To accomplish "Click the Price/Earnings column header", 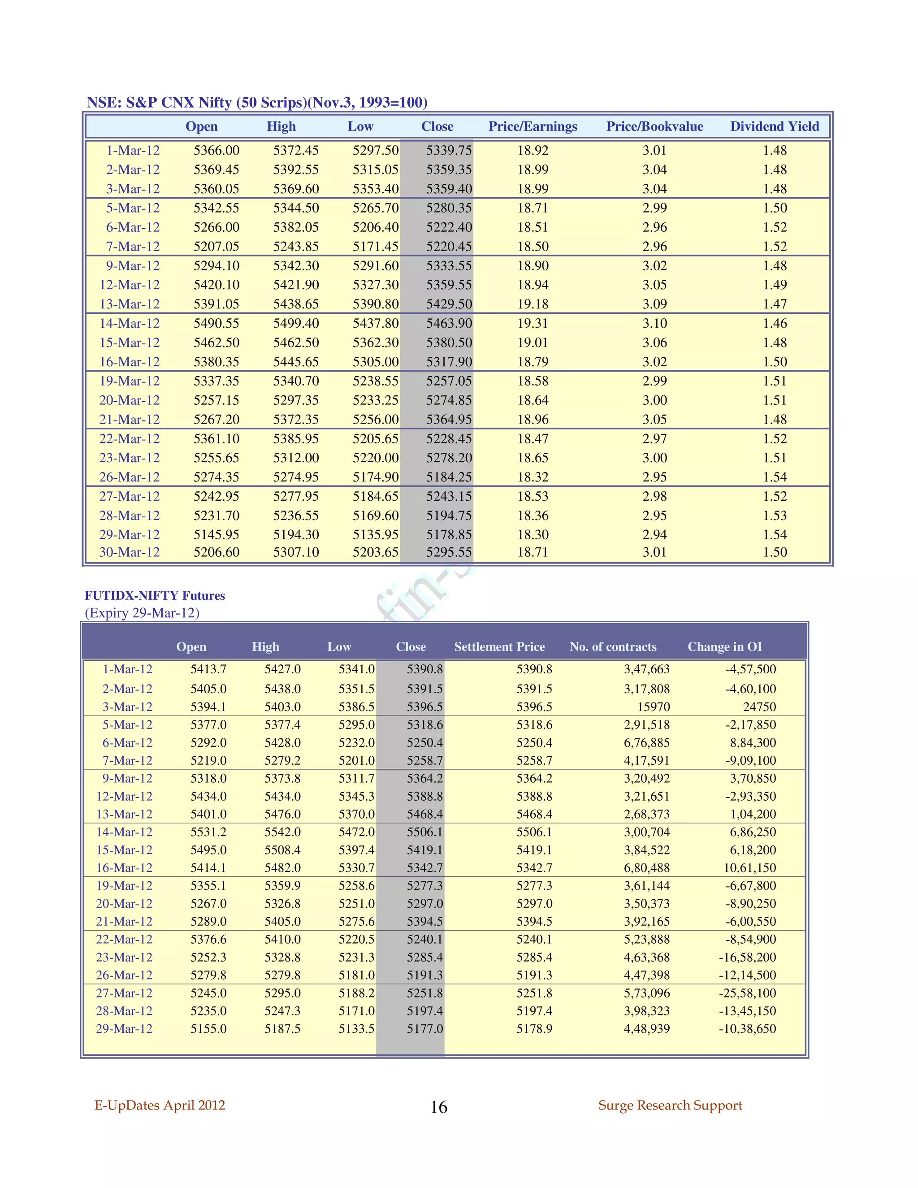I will pyautogui.click(x=533, y=126).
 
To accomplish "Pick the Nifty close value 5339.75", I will pyautogui.click(x=449, y=150).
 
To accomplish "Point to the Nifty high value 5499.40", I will pyautogui.click(x=296, y=323).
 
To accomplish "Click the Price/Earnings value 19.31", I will pyautogui.click(x=533, y=323).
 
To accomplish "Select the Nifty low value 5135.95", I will pyautogui.click(x=375, y=534).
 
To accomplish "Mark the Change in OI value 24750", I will pyautogui.click(x=759, y=707).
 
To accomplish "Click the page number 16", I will pyautogui.click(x=438, y=1107).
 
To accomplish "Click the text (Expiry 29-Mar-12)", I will pyautogui.click(x=142, y=612).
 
